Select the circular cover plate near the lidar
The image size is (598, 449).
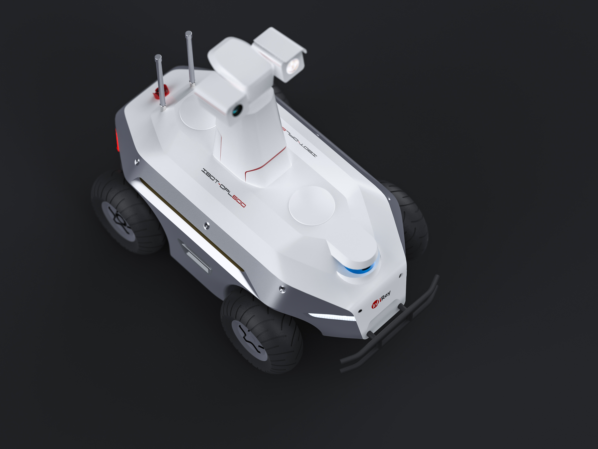point(312,206)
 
